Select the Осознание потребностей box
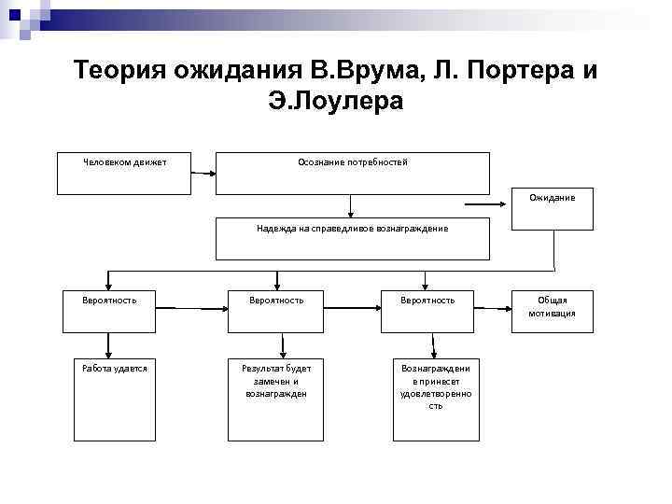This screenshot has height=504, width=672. click(x=352, y=173)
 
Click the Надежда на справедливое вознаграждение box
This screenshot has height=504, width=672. click(x=352, y=238)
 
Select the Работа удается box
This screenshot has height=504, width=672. click(x=115, y=399)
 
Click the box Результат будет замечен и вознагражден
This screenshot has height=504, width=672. click(x=275, y=399)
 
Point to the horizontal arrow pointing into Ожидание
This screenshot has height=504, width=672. click(x=487, y=203)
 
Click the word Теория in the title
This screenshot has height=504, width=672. click(x=115, y=71)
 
